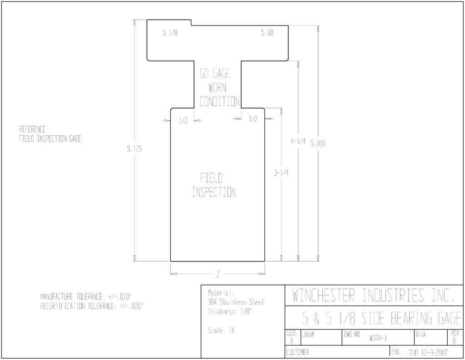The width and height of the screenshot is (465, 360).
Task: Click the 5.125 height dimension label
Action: [x=134, y=149]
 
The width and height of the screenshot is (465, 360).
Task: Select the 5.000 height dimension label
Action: [x=318, y=144]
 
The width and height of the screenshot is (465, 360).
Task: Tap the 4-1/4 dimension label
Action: [x=298, y=141]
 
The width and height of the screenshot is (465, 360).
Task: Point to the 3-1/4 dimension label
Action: [x=281, y=173]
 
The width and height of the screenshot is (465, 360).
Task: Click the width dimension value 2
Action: [x=218, y=274]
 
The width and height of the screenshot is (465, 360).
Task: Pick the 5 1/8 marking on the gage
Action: [x=170, y=32]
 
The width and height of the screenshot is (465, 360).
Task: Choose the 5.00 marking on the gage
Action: [x=267, y=32]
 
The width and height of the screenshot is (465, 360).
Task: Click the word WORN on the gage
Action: [x=218, y=88]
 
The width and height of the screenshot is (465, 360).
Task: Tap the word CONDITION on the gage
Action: [x=219, y=102]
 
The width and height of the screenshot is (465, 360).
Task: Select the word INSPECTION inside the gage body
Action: [x=214, y=192]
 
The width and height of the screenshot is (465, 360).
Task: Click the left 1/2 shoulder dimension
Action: [x=183, y=121]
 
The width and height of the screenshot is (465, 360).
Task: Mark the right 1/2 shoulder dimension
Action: [x=253, y=119]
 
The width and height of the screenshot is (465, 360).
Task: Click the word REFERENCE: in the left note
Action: [x=34, y=129]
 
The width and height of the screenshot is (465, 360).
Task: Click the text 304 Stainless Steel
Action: [x=236, y=302]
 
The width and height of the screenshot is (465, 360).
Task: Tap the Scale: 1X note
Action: [x=221, y=330]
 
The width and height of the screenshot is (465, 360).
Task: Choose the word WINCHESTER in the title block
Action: [x=323, y=296]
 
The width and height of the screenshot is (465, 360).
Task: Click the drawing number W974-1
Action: [x=378, y=338]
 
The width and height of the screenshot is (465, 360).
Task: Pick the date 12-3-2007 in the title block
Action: [x=434, y=353]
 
